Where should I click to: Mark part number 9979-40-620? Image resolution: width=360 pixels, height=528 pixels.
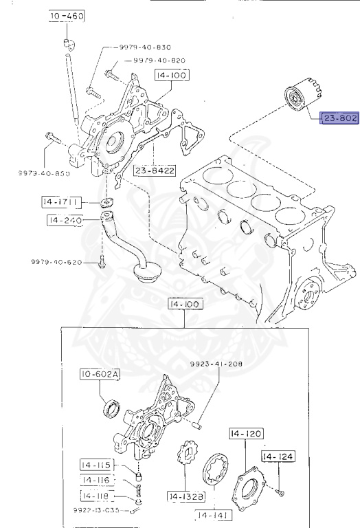(x=56, y=263)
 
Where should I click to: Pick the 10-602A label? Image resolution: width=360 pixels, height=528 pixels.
(x=98, y=374)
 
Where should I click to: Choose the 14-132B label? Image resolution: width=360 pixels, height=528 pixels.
(x=182, y=496)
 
